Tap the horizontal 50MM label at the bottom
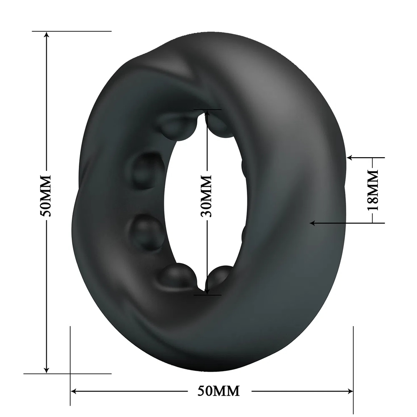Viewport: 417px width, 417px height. (x=219, y=391)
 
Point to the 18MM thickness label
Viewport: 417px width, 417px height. (x=372, y=190)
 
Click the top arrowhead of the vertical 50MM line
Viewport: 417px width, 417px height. (x=47, y=35)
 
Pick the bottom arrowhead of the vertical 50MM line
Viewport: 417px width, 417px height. (x=47, y=369)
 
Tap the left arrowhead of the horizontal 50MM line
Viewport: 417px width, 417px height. (x=75, y=391)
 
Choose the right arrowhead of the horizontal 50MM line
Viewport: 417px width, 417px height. (x=349, y=391)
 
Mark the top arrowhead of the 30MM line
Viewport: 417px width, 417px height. (x=207, y=113)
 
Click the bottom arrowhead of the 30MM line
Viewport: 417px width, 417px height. (x=207, y=291)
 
